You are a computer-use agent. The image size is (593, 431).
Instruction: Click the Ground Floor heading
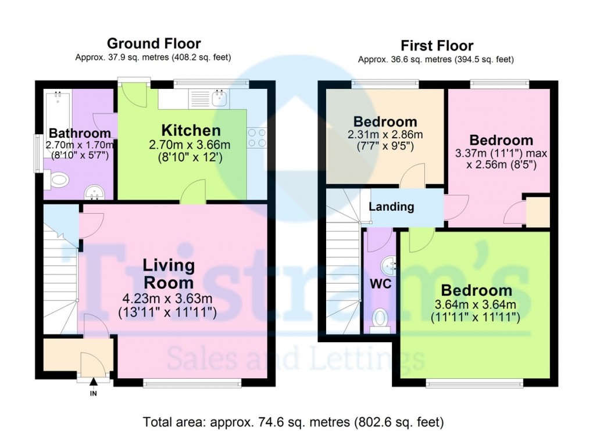[x=153, y=44]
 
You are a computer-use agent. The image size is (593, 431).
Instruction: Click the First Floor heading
[x=437, y=46]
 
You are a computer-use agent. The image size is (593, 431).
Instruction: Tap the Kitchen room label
[x=191, y=130]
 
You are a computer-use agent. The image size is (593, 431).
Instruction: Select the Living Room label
[x=169, y=274]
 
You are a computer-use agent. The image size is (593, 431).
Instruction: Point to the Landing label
[x=391, y=207]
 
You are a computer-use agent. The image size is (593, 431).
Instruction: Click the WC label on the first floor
[x=380, y=283]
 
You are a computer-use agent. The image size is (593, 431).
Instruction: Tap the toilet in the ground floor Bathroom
[x=56, y=179]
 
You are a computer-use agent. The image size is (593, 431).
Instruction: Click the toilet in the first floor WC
[x=379, y=320]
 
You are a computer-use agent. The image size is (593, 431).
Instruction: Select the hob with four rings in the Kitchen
[x=257, y=138]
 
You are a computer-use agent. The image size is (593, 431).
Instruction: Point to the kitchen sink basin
[x=219, y=98]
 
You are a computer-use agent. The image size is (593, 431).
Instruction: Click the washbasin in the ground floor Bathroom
[x=94, y=192]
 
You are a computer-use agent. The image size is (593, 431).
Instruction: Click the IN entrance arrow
[x=94, y=382]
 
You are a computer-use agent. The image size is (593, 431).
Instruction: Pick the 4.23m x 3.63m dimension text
[x=167, y=299]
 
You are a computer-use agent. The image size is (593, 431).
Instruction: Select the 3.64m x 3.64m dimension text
[x=476, y=304]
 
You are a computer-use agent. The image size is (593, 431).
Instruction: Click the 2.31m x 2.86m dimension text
[x=385, y=135]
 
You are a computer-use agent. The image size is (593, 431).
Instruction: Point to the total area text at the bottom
[x=293, y=422]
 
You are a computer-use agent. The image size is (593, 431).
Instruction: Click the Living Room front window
[x=192, y=384]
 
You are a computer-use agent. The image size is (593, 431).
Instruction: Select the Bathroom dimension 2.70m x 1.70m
[x=80, y=145]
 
